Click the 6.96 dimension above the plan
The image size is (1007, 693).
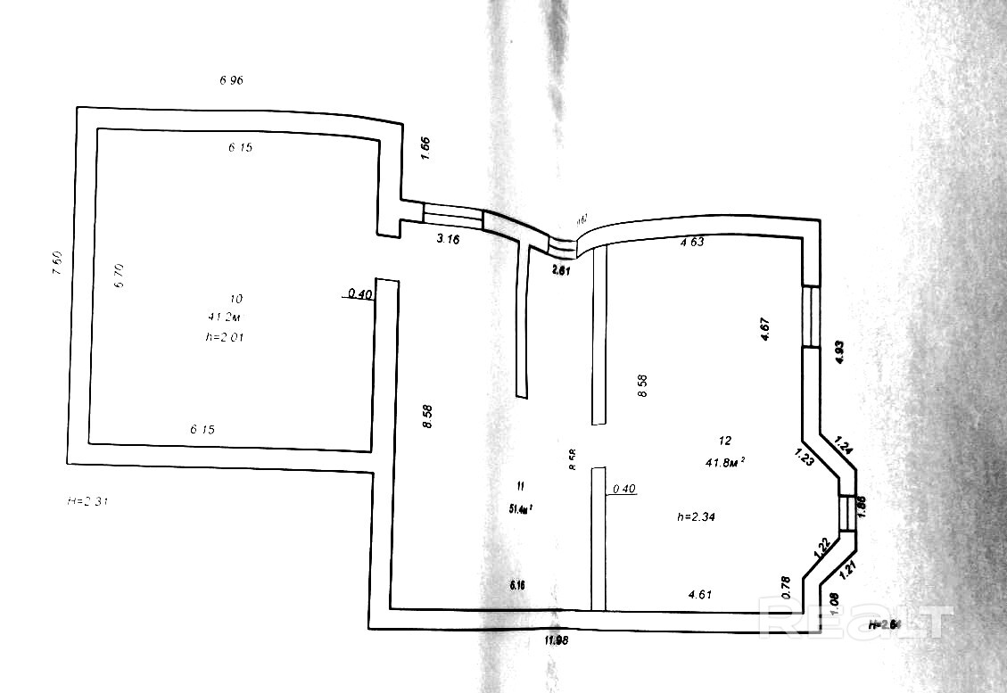pyautogui.click(x=231, y=80)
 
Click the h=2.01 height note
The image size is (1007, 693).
pyautogui.click(x=224, y=337)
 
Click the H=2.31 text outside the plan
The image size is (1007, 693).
pyautogui.click(x=88, y=501)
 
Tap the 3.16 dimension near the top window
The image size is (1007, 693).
pyautogui.click(x=448, y=239)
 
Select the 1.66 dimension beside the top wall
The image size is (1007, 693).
pyautogui.click(x=425, y=148)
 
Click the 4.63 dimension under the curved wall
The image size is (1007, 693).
pyautogui.click(x=693, y=241)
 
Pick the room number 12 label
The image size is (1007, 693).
pyautogui.click(x=724, y=440)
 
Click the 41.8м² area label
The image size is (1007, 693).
pyautogui.click(x=724, y=461)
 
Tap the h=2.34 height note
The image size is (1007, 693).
pyautogui.click(x=698, y=516)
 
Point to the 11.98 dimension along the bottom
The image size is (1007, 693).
pyautogui.click(x=557, y=639)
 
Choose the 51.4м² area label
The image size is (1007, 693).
pyautogui.click(x=521, y=509)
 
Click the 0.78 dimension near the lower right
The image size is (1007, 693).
pyautogui.click(x=786, y=585)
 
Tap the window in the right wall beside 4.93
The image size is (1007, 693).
pyautogui.click(x=810, y=316)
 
